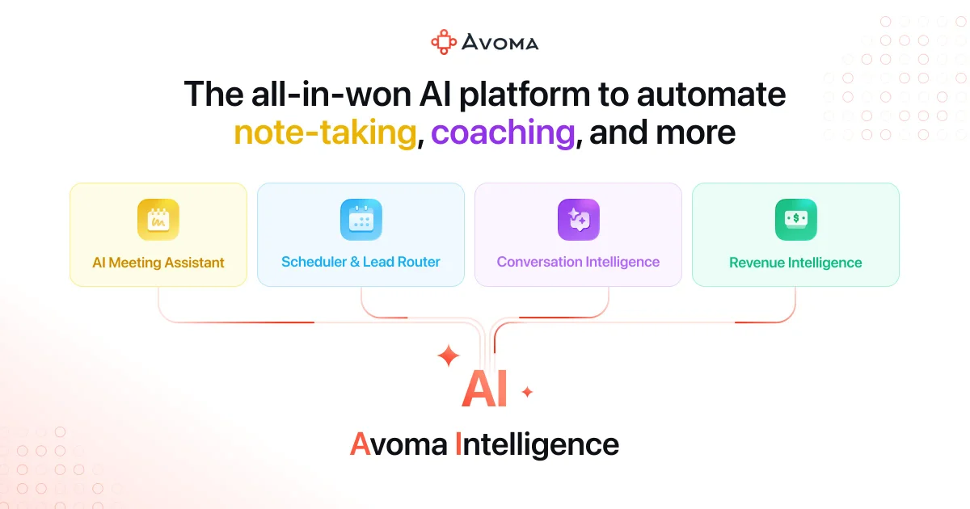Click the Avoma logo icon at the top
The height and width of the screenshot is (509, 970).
[444, 42]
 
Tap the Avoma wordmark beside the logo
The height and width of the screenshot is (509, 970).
[500, 42]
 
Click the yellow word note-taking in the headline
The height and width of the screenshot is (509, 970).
[325, 133]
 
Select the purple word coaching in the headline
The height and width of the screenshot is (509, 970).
[502, 133]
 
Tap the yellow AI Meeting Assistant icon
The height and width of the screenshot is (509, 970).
[158, 220]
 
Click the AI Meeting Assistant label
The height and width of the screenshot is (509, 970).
[158, 262]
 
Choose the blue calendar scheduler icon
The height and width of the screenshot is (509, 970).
[361, 220]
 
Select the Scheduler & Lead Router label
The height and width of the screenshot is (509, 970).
[361, 262]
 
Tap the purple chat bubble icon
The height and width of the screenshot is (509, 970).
[578, 220]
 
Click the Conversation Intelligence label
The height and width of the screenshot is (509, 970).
[578, 262]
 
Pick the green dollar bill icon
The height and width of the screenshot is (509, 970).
[795, 220]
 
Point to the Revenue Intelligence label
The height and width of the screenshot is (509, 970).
[795, 263]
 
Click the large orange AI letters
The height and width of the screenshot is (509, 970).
[484, 389]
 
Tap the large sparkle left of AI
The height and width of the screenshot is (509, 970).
[448, 355]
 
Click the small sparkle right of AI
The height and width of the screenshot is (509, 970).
[527, 393]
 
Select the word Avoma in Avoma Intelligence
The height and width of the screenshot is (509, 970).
[397, 444]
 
